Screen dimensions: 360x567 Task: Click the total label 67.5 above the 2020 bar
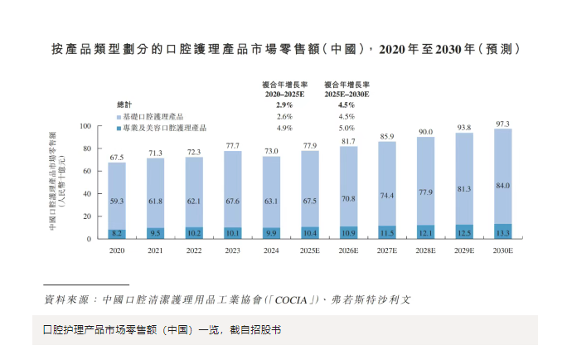(117, 157)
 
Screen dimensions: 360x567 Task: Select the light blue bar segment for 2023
(233, 187)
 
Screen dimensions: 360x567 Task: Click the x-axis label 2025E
(310, 250)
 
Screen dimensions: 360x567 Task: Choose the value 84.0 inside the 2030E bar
(503, 186)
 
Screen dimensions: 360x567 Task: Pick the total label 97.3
(503, 124)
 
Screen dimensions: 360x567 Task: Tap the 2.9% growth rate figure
(284, 105)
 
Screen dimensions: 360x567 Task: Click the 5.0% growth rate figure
(346, 129)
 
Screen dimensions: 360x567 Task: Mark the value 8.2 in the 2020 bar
(117, 234)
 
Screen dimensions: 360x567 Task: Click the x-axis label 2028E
(426, 250)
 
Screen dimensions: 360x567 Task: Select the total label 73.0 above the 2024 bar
(271, 151)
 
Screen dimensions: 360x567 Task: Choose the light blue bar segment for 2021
(156, 192)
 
